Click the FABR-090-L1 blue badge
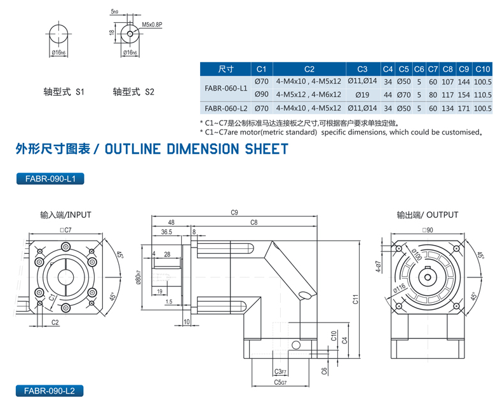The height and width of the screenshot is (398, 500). [x=50, y=180]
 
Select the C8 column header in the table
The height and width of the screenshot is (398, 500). [x=447, y=69]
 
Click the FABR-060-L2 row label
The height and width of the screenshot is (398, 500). [x=226, y=109]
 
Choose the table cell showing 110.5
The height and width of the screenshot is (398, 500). [x=483, y=94]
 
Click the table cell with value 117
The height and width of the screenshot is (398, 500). [x=447, y=94]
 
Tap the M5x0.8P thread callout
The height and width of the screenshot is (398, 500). [x=152, y=26]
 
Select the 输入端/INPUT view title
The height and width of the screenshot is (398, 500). [x=65, y=215]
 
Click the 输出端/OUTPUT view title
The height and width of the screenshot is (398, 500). [x=427, y=215]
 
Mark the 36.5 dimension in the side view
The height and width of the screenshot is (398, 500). [x=166, y=232]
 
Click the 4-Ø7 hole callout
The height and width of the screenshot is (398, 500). [x=378, y=268]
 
